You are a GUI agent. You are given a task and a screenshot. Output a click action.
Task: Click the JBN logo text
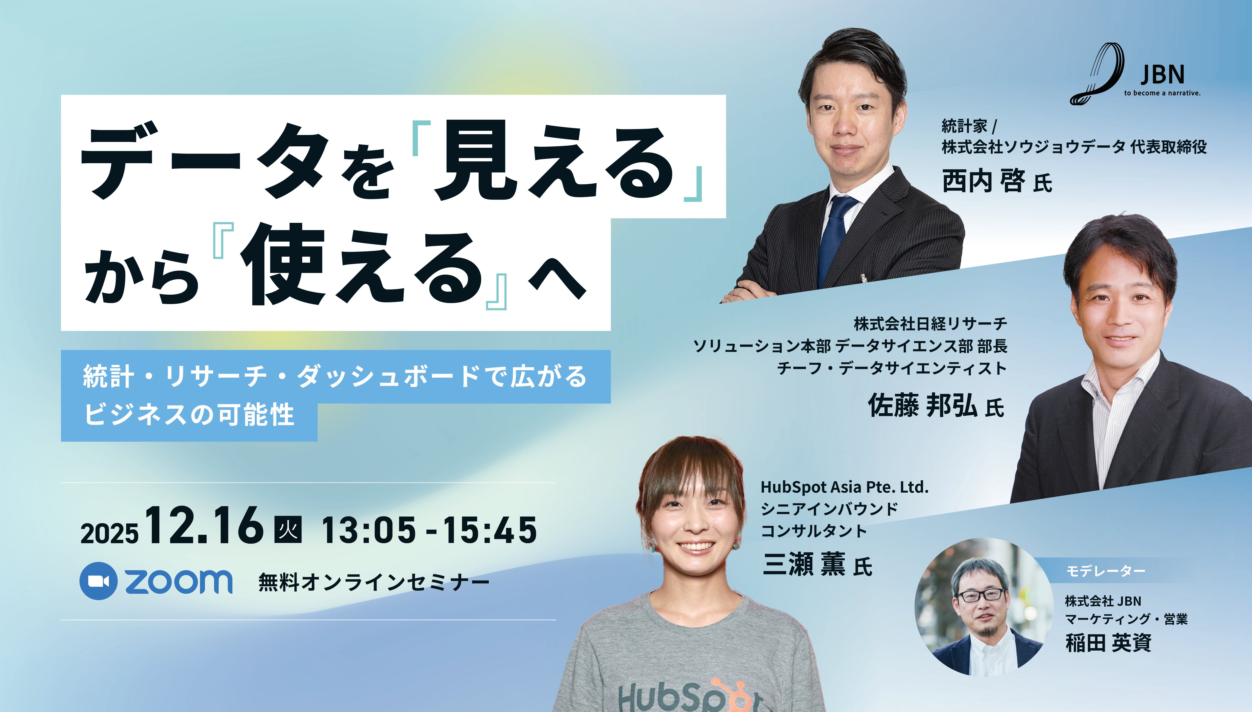1162,75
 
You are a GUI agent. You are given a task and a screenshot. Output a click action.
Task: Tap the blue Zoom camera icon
98,581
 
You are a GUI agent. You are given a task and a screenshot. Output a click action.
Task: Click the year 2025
110,534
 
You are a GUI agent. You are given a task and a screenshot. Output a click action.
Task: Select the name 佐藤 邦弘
922,405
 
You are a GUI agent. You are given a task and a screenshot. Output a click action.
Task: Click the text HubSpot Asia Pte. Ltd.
844,487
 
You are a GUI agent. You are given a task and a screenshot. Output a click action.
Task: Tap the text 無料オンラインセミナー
374,582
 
